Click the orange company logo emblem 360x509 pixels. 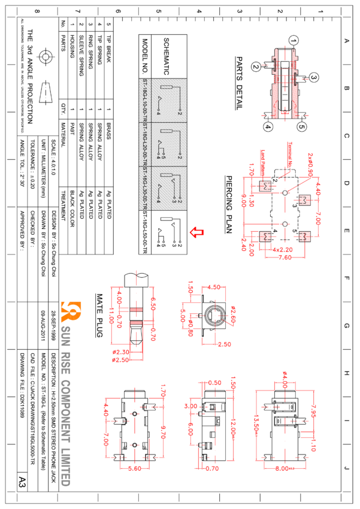71,311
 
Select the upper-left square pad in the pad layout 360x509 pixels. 265,186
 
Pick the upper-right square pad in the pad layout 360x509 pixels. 304,200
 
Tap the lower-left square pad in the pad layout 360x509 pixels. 265,237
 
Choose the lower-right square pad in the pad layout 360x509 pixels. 304,237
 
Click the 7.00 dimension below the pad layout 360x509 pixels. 285,257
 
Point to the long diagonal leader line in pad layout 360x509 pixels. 301,183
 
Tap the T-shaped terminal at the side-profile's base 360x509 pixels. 285,112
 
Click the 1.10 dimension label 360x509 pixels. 313,445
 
